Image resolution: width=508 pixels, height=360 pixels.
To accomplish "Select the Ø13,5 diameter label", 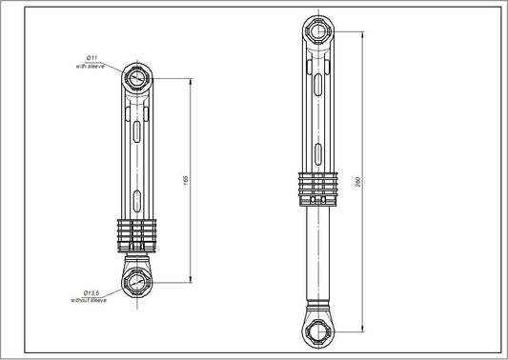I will point(92,292).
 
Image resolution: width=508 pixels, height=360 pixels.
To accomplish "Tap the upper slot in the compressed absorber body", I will point(135,130).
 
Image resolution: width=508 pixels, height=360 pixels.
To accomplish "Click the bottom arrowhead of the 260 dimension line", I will point(363,329).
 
